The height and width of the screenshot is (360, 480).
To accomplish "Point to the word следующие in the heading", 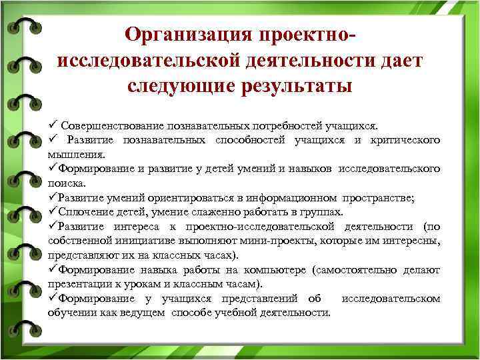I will point(177,87).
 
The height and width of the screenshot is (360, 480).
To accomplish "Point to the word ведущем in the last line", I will point(145,313).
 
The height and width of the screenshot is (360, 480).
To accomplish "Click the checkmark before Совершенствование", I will point(53,125).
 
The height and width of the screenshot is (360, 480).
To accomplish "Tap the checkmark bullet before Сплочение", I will point(53,213).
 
